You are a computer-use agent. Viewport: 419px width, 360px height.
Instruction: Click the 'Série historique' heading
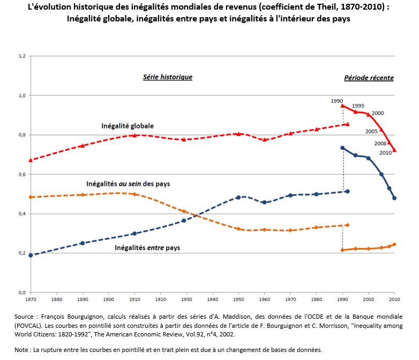[x=167, y=77]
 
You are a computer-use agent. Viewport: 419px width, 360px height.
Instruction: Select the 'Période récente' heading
[x=369, y=78]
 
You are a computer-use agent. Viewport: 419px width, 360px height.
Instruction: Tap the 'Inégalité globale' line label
[x=127, y=126]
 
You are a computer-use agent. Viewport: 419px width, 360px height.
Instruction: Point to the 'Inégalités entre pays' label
[x=147, y=248]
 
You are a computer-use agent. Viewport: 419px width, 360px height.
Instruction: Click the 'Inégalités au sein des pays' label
[x=128, y=184]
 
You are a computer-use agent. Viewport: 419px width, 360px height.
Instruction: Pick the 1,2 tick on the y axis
[x=22, y=56]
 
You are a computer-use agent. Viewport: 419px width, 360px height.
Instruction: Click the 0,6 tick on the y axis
[x=22, y=174]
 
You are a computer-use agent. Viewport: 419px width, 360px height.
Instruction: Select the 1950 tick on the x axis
[x=238, y=299]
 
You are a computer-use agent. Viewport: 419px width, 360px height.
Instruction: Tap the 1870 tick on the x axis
[x=31, y=299]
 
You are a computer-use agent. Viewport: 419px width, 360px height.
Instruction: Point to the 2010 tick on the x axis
[x=394, y=299]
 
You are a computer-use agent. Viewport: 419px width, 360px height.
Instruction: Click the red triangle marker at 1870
[x=31, y=160]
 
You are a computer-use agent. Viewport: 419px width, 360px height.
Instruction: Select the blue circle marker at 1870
[x=31, y=255]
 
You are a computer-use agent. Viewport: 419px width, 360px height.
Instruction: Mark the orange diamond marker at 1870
[x=31, y=197]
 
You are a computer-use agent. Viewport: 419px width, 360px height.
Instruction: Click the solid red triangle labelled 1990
[x=342, y=106]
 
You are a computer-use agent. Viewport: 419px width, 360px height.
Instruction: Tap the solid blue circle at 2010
[x=394, y=198]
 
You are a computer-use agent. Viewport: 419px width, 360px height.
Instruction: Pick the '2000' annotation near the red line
[x=377, y=113]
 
